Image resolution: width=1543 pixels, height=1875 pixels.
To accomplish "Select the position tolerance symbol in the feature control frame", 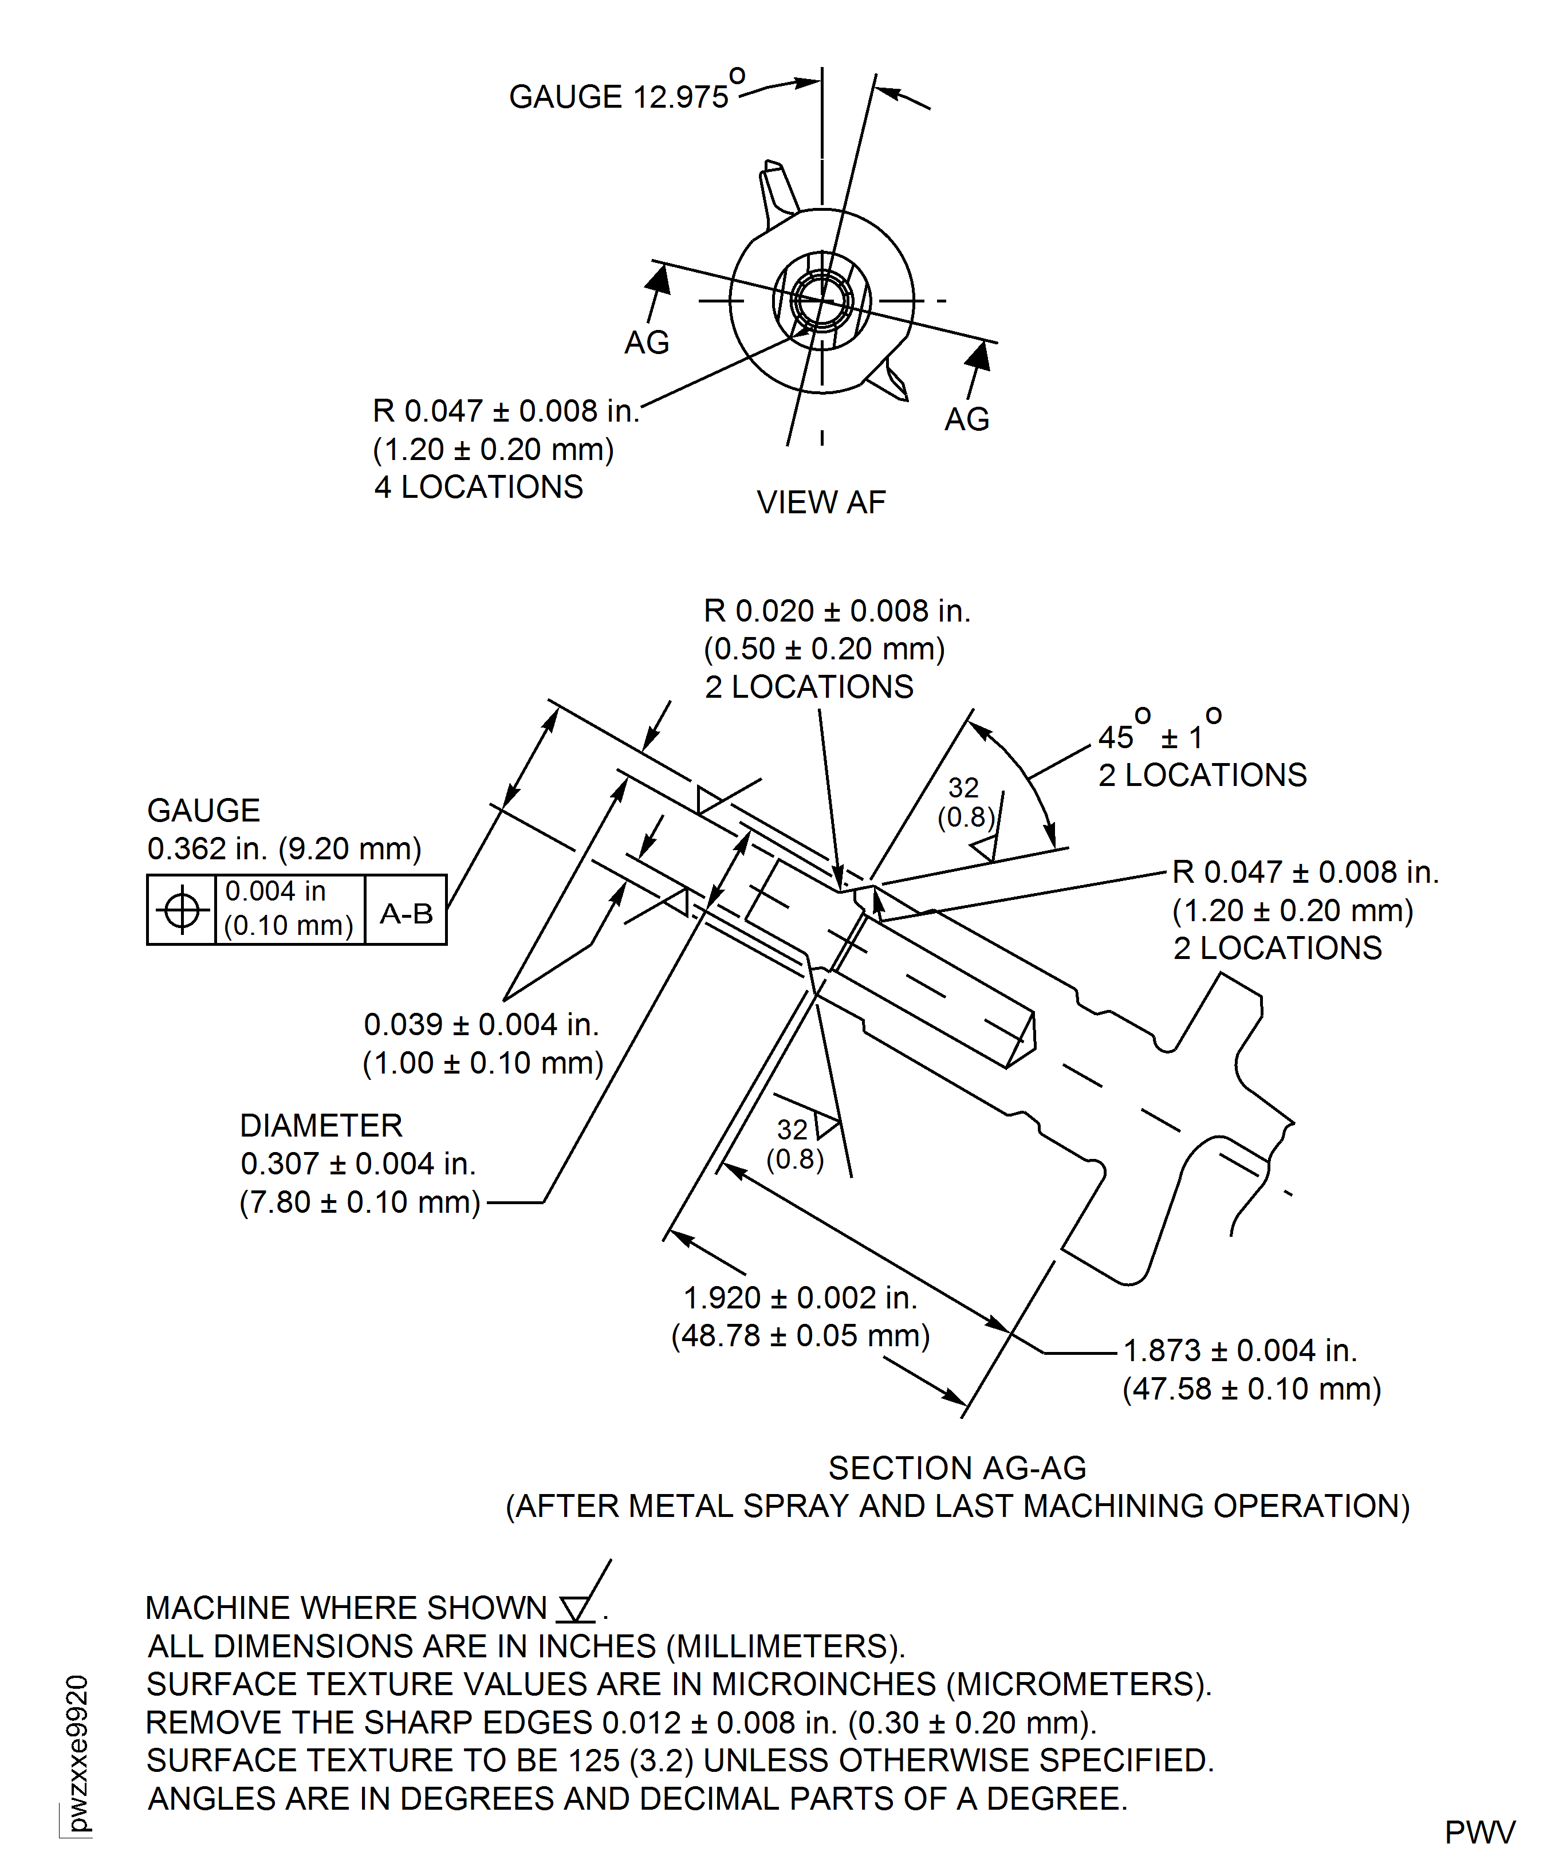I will click(182, 910).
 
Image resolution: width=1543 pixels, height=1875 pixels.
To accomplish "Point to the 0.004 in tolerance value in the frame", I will click(275, 891).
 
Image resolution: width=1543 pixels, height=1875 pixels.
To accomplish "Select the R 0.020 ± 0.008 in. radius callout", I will click(836, 611).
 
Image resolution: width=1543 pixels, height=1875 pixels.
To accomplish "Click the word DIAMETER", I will click(321, 1126).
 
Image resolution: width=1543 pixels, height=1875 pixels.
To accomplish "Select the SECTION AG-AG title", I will click(956, 1468).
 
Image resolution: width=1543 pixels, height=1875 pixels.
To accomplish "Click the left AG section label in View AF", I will click(646, 342).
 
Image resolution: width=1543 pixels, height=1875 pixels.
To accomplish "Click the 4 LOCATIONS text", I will click(478, 487).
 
